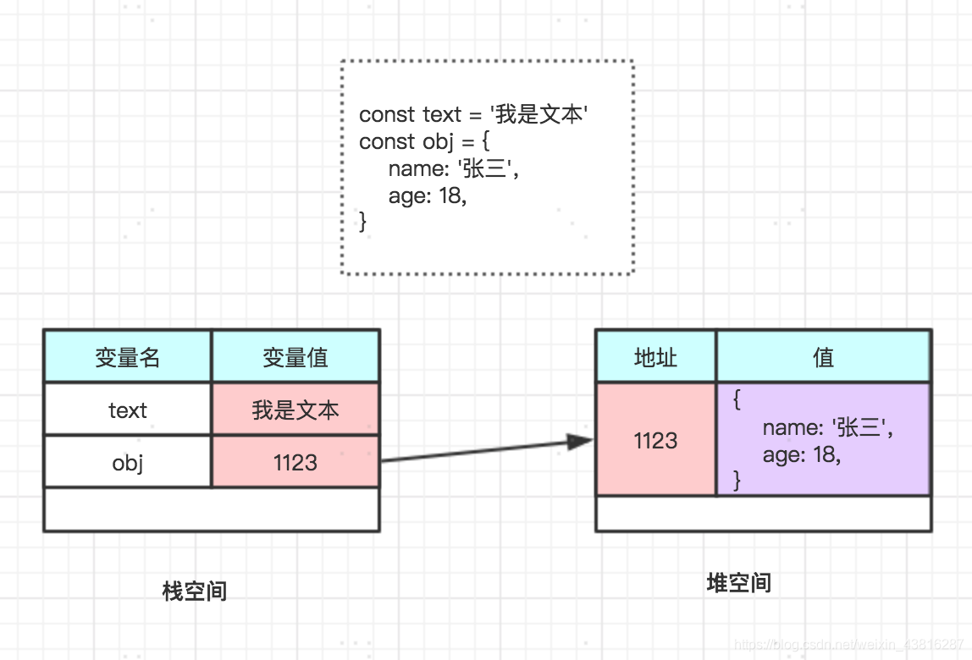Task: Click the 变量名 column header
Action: [x=127, y=357]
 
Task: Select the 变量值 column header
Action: [x=295, y=357]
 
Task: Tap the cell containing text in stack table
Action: [x=127, y=410]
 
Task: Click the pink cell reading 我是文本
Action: [x=295, y=410]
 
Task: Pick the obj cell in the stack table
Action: [x=127, y=463]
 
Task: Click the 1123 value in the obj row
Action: [x=295, y=463]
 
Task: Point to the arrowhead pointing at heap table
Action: [x=580, y=441]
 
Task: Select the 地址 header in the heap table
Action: [x=655, y=357]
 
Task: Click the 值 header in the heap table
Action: [x=823, y=357]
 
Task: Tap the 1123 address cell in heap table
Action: [x=655, y=440]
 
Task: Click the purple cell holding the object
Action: [x=823, y=440]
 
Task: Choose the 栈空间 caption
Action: [x=195, y=591]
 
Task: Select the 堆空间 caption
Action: [x=738, y=583]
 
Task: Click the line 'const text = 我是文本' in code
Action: [x=473, y=114]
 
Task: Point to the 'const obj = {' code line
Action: [x=424, y=141]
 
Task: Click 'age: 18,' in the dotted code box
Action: [x=428, y=195]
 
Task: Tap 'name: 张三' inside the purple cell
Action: [x=827, y=427]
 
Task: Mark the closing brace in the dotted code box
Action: [x=364, y=222]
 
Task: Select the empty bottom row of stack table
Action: [x=212, y=509]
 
